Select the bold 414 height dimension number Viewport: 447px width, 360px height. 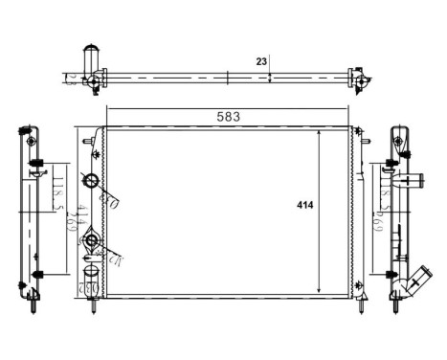click(x=304, y=205)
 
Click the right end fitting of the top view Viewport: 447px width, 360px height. click(x=359, y=80)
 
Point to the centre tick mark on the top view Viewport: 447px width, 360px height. click(x=226, y=78)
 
